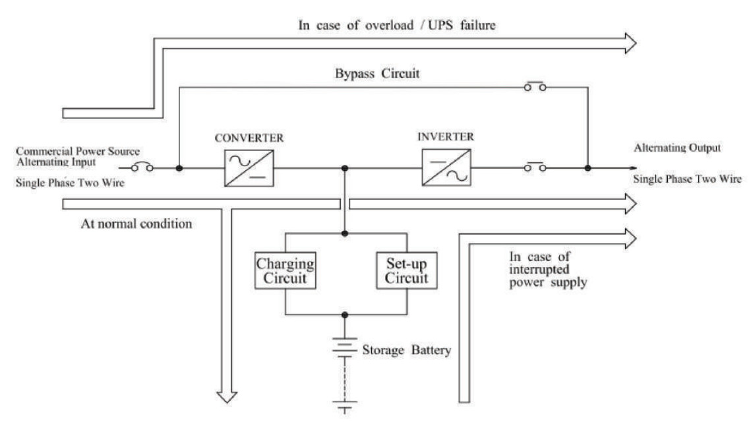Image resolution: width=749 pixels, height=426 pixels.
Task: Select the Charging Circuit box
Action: [284, 270]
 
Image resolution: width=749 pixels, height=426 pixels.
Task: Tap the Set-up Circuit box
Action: [402, 270]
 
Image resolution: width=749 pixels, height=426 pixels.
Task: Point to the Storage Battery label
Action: [406, 349]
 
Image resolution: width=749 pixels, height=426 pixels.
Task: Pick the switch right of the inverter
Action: [535, 169]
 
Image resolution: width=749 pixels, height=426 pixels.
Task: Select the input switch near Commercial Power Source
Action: [144, 169]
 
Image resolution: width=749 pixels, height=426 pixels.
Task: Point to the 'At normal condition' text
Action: [136, 223]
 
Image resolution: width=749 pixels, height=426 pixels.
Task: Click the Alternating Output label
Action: [678, 149]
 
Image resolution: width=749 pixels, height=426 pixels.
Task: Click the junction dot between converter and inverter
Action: [345, 169]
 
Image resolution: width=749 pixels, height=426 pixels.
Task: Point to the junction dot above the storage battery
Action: [345, 315]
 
